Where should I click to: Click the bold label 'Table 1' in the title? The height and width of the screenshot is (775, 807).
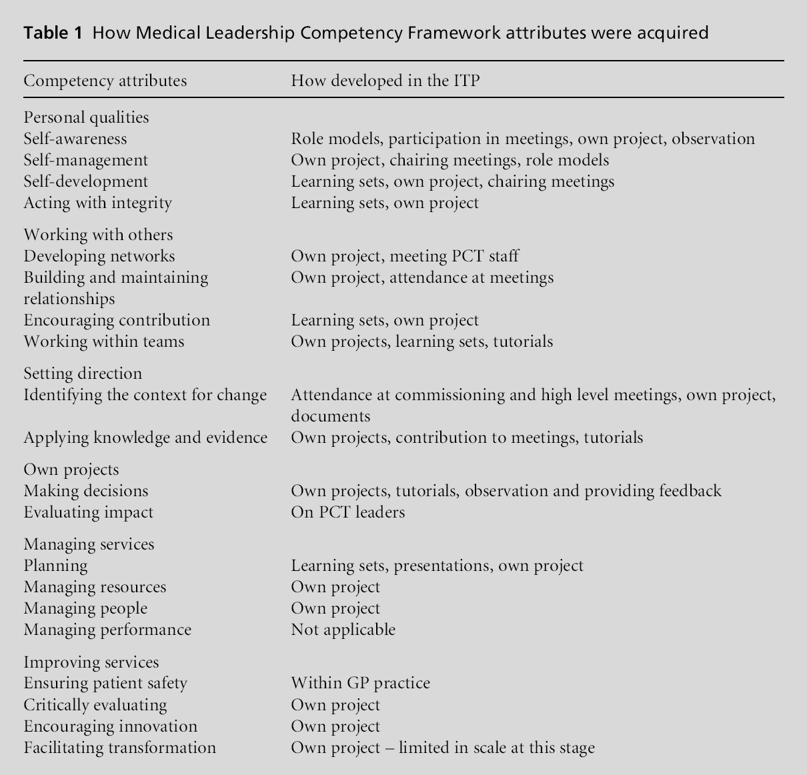coord(53,33)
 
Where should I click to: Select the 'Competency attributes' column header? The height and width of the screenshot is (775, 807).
coord(105,81)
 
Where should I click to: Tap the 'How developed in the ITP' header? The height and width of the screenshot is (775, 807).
coord(385,81)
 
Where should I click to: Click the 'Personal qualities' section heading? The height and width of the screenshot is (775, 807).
coord(86,117)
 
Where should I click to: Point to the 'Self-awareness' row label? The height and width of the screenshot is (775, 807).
coord(75,139)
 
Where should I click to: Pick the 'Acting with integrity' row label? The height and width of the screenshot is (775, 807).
coord(97,203)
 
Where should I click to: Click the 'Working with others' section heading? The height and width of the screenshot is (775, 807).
coord(98,235)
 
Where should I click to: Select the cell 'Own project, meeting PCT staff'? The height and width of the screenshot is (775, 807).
coord(405,256)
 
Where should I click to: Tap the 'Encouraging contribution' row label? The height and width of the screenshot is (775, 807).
coord(117,320)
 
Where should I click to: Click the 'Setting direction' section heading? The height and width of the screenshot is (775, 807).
coord(83,373)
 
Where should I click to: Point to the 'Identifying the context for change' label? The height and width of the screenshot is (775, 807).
coord(145,395)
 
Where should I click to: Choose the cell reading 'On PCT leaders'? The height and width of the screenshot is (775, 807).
coord(347,512)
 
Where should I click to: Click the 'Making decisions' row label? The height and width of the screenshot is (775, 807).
coord(86,491)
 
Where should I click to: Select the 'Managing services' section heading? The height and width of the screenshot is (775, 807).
coord(89,544)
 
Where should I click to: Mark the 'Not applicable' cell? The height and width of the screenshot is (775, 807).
coord(343,630)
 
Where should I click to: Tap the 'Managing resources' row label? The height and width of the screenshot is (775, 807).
coord(95,587)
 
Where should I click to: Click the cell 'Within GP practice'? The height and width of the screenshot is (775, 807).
coord(360,683)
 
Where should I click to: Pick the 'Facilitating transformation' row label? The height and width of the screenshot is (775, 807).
coord(119,748)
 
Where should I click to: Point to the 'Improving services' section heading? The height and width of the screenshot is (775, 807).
coord(91,662)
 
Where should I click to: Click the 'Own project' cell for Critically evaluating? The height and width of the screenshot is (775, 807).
coord(335,705)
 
